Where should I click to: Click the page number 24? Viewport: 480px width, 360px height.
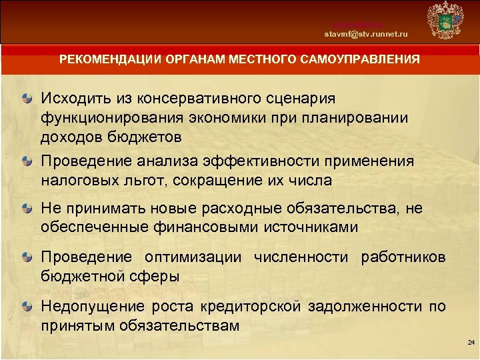(471, 342)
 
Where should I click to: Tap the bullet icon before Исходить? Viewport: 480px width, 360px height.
(25, 98)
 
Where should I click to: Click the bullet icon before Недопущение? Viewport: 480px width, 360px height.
(25, 307)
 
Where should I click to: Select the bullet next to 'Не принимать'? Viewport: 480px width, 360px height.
(25, 209)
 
